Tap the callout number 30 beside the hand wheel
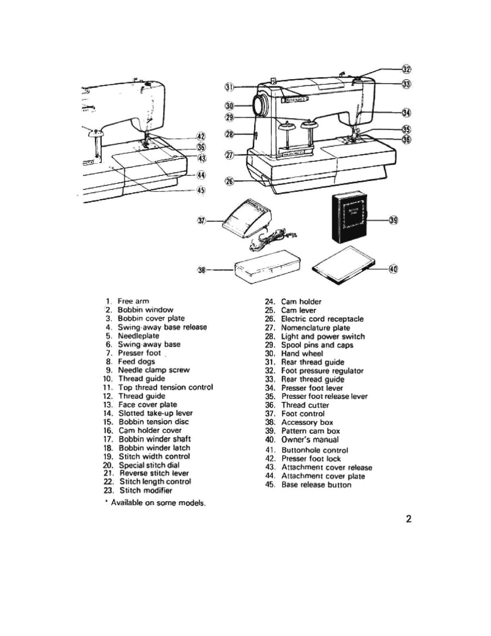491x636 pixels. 229,106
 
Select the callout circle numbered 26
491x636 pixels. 229,181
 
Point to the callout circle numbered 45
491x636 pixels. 201,189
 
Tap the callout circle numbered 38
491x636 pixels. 201,271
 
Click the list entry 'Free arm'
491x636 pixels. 133,301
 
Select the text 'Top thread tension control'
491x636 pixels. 165,387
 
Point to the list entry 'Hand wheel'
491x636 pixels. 302,353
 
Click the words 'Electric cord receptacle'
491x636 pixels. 322,319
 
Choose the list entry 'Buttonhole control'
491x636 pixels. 315,450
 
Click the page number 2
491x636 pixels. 409,519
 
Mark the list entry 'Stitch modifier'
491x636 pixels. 146,490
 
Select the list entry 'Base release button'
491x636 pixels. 316,485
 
